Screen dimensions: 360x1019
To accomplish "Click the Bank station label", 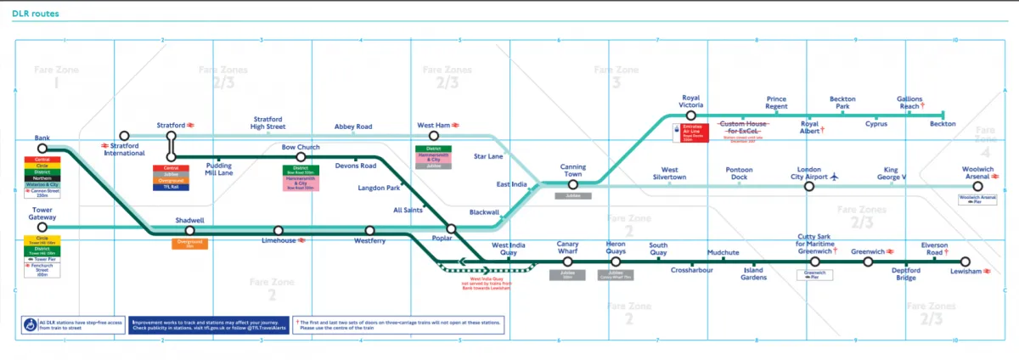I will (42, 138).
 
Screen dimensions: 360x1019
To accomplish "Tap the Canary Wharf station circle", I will (567, 262).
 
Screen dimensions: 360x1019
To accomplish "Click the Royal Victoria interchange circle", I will (691, 114).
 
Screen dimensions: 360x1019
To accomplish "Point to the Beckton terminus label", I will (943, 124).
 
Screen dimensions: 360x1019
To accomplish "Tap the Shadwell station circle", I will (190, 230).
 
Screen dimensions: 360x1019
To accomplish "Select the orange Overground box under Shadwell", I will (189, 244).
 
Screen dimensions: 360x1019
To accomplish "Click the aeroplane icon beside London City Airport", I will (835, 177).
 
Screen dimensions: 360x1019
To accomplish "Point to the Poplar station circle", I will (452, 228).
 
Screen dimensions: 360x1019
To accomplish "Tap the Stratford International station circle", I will (125, 136).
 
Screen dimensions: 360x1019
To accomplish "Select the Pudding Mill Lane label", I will (219, 169).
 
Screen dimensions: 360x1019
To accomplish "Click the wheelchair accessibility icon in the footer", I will (31, 324).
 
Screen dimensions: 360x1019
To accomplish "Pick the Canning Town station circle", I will (573, 183).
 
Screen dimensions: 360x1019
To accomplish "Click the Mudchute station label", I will (723, 253).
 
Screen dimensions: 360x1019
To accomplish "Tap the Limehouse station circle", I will (278, 230).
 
